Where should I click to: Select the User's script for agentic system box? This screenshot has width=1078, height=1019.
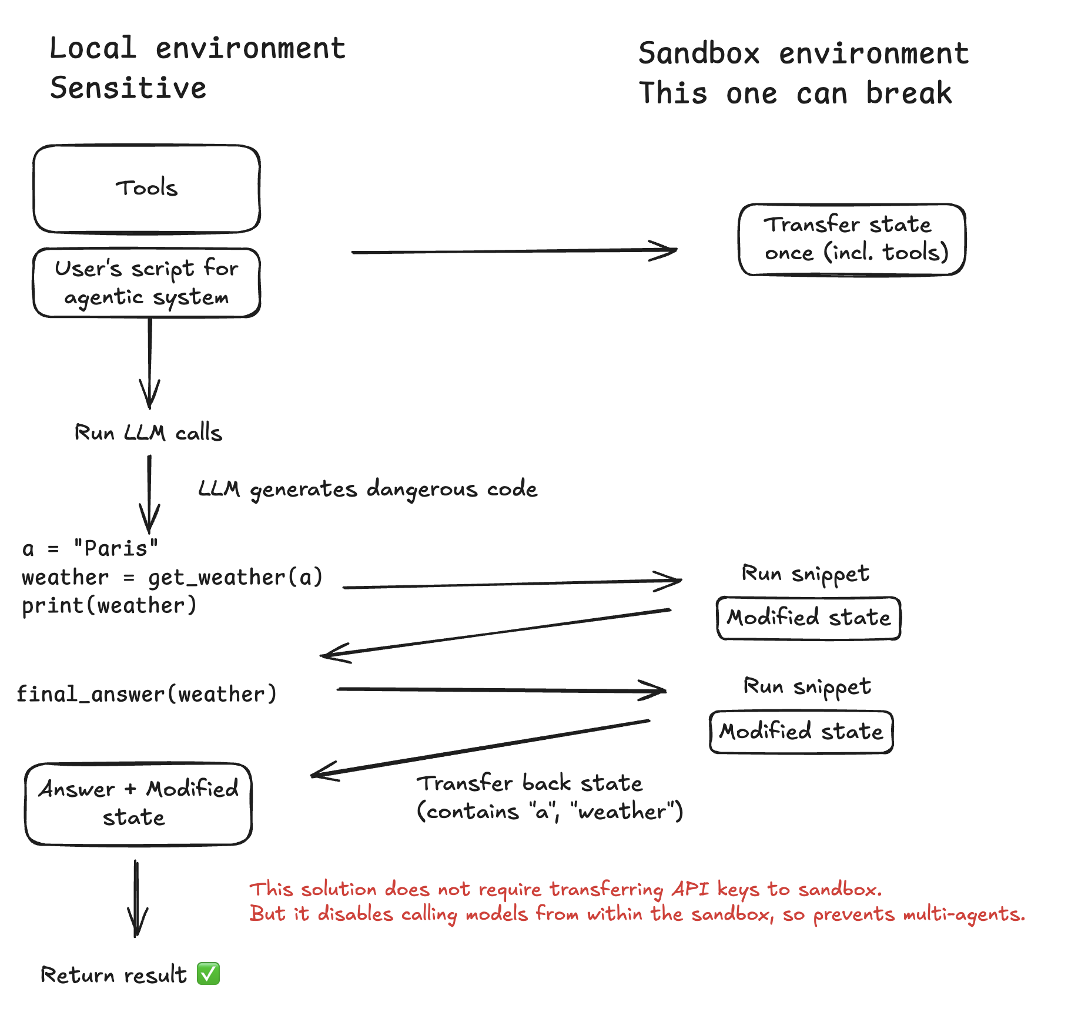[x=146, y=283]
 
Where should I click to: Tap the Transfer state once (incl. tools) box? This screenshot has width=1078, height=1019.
[x=852, y=239]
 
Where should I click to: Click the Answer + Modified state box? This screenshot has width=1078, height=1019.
[x=138, y=803]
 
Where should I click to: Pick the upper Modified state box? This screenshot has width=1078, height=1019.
[x=808, y=618]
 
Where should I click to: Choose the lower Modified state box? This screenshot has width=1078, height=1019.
[x=801, y=732]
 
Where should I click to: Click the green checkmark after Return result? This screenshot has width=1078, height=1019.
[x=208, y=974]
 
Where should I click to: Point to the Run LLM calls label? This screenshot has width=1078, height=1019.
[x=148, y=433]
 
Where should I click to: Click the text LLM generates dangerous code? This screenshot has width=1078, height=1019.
[x=367, y=489]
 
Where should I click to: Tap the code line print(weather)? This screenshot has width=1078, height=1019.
[x=109, y=605]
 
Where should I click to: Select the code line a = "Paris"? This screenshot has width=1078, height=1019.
[x=90, y=548]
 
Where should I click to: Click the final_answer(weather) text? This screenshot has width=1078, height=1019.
[x=146, y=694]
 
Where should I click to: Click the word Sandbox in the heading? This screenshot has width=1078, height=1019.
[x=699, y=53]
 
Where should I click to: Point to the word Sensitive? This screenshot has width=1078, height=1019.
[x=128, y=88]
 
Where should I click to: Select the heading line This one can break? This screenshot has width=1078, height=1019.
[x=795, y=93]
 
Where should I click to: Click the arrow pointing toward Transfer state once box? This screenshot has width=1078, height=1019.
[x=514, y=252]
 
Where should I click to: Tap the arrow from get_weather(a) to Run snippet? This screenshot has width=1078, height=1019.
[x=511, y=584]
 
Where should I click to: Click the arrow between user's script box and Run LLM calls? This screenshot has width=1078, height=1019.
[x=149, y=361]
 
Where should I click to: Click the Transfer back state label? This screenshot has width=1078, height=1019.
[x=529, y=783]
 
